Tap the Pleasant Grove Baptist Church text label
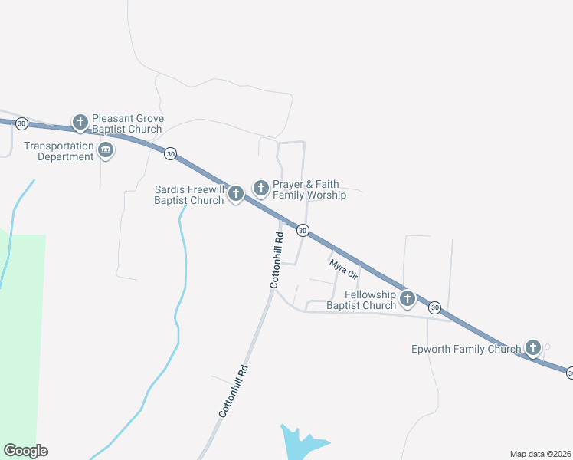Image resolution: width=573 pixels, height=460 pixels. (x=127, y=124)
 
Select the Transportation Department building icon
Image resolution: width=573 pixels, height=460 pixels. (x=106, y=150)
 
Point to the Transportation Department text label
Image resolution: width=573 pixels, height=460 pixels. (x=58, y=151)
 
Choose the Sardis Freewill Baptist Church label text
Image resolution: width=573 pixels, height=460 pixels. (x=189, y=195)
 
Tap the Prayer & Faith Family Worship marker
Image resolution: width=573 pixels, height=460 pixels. (x=260, y=188)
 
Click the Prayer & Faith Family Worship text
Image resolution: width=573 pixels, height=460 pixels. (x=309, y=189)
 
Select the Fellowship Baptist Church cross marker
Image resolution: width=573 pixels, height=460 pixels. (x=408, y=297)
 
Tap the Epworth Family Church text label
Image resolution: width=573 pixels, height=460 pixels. (x=467, y=349)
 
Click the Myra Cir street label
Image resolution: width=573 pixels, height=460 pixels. (x=343, y=269)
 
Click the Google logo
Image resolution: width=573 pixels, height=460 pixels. (x=25, y=451)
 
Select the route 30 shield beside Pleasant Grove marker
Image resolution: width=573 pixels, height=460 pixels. (x=21, y=123)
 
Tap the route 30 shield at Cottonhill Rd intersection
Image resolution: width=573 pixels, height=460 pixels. (x=303, y=230)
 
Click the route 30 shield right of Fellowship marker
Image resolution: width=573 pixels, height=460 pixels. (x=435, y=307)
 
